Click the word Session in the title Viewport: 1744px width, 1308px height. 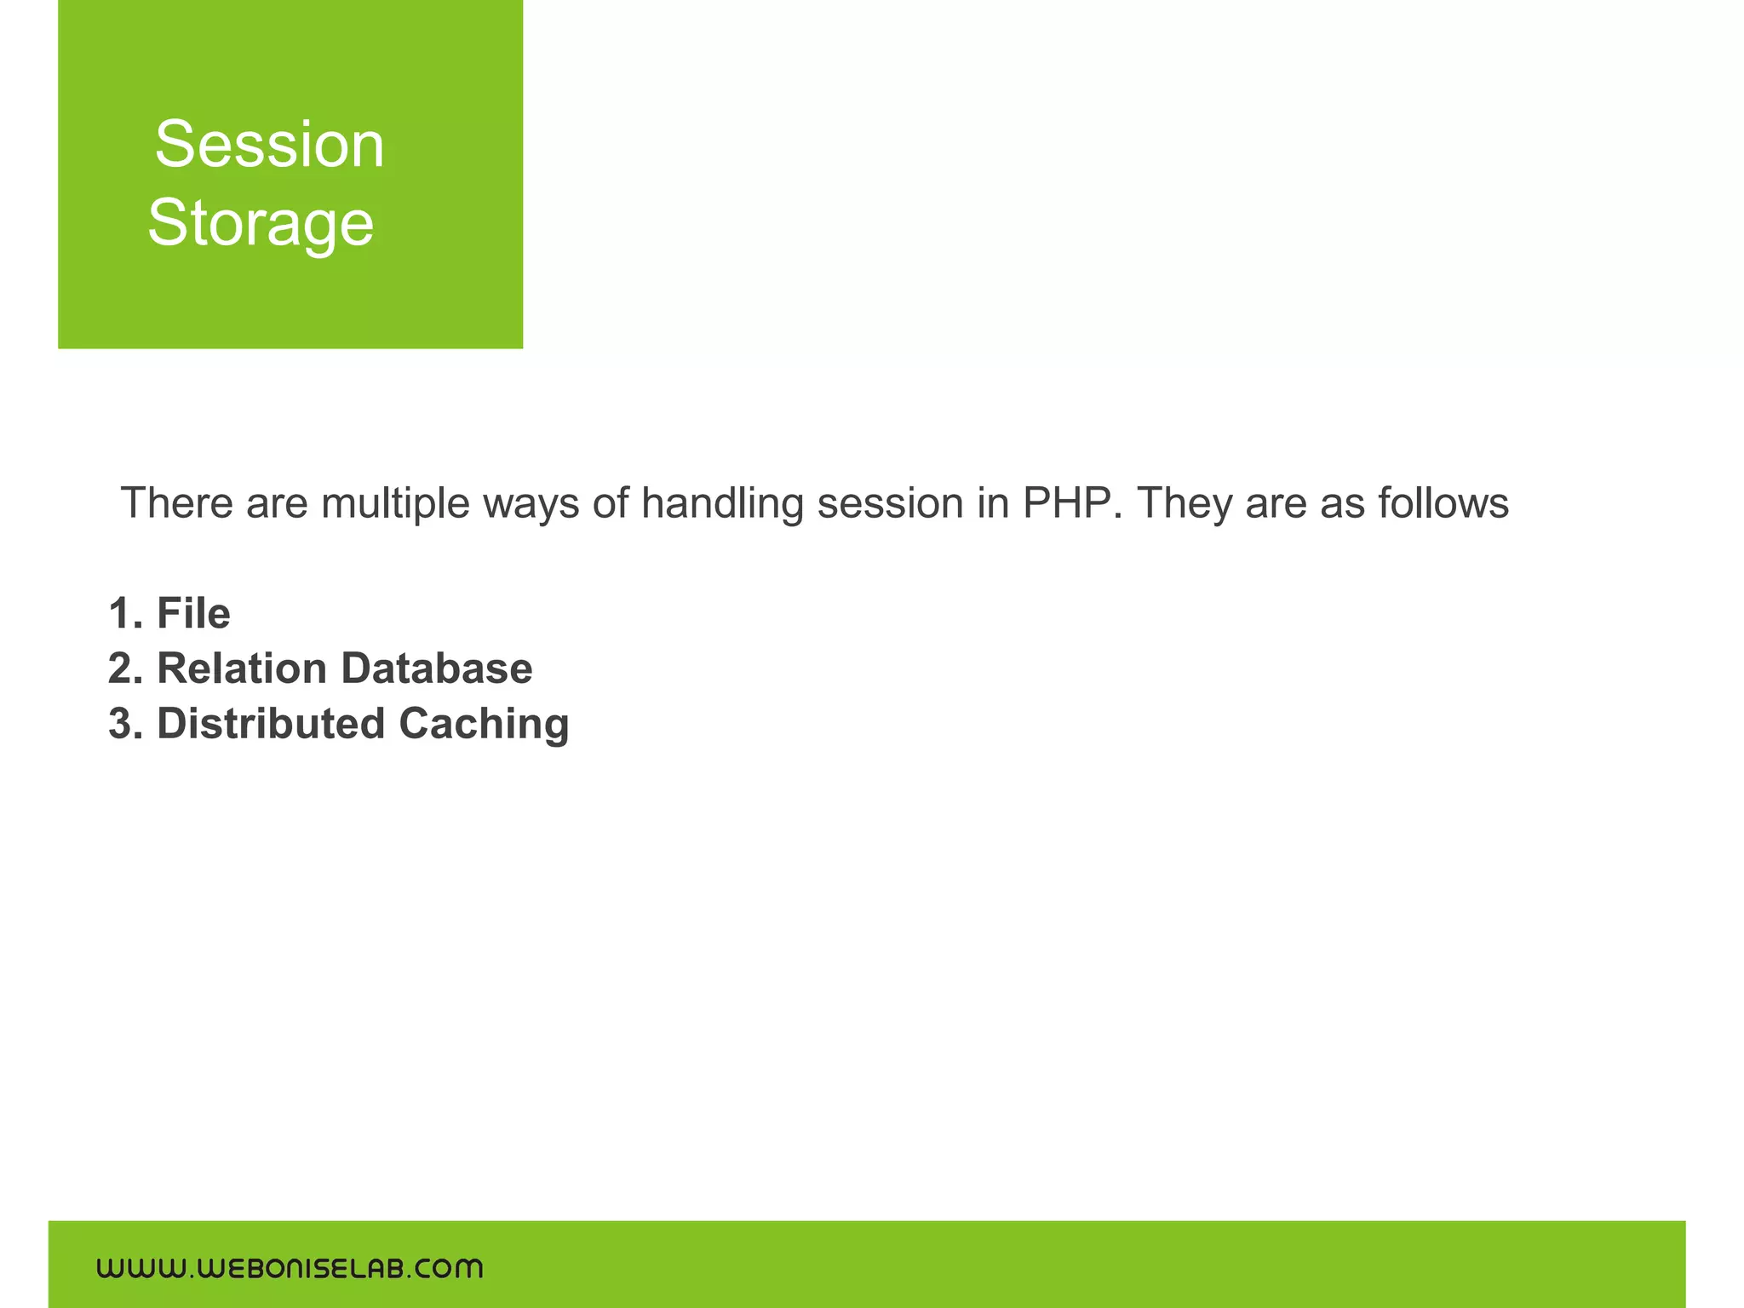tap(269, 145)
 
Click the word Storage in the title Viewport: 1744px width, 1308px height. tap(261, 223)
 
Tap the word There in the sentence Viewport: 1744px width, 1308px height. tap(177, 502)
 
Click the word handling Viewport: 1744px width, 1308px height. tap(722, 504)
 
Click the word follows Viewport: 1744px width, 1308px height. tap(1444, 502)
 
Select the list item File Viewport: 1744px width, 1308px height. tap(194, 613)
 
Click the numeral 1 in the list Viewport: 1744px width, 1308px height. tap(120, 613)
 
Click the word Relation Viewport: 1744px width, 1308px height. tap(243, 668)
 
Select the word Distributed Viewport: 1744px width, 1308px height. tap(271, 724)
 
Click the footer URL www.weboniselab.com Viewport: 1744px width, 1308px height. tap(290, 1269)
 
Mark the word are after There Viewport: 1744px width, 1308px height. tap(277, 504)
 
